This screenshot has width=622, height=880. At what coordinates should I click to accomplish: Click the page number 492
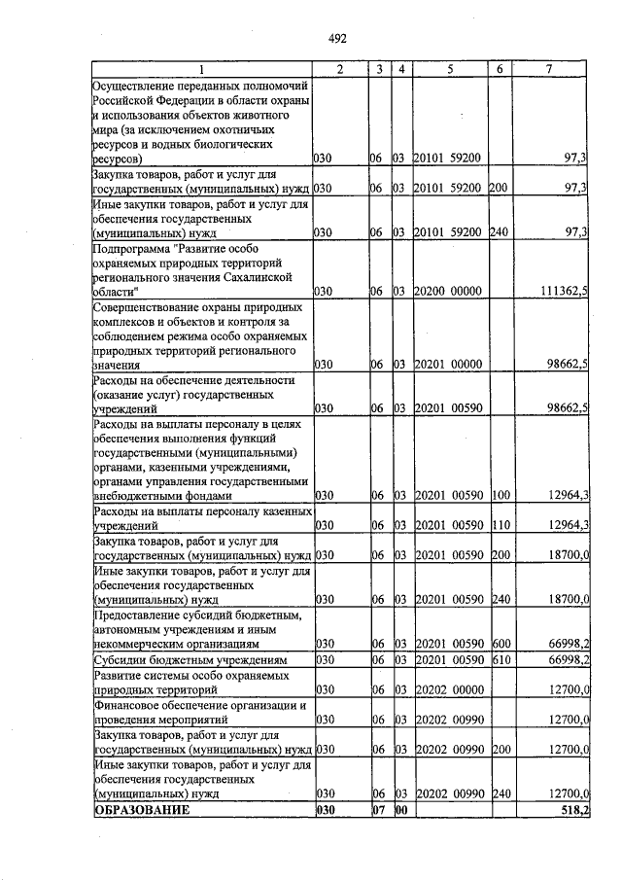[337, 39]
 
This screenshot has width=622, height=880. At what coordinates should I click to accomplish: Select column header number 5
[451, 69]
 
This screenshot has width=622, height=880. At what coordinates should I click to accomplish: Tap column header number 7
[549, 69]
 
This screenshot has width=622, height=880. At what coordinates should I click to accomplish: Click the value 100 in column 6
[499, 495]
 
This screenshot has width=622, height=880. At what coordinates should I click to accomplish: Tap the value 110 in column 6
[499, 525]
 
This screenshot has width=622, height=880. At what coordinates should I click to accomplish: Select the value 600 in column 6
[499, 644]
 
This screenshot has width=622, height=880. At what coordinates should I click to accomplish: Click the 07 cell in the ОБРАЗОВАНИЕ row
[379, 810]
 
